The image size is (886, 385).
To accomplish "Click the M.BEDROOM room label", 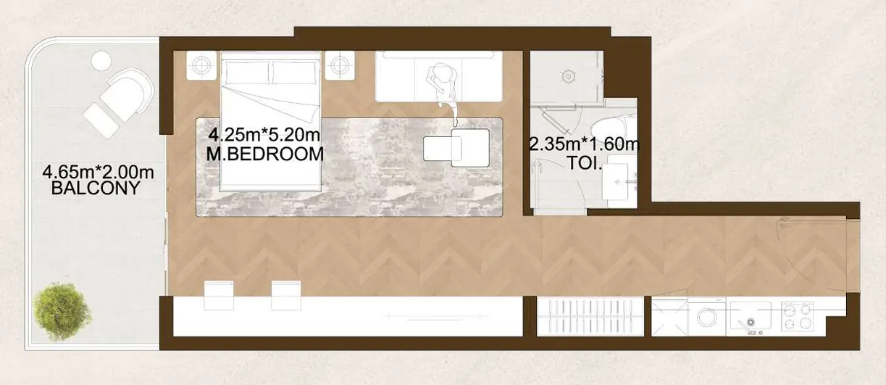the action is point(265,154).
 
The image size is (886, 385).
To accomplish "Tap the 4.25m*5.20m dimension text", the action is point(264,136).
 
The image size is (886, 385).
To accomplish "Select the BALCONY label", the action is point(96,189).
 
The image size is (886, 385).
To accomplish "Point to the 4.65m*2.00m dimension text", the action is point(98,172).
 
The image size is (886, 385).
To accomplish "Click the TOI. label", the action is point(585,163).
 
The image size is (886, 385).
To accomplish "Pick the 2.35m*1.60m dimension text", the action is point(584,145).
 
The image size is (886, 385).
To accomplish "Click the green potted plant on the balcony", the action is point(62,311).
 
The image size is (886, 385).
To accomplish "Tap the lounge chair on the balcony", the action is point(119,102).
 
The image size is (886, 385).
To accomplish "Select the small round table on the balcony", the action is point(101,61).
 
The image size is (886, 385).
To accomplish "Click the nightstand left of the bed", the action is point(201,66).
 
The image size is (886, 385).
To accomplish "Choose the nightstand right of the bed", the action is point(340,66).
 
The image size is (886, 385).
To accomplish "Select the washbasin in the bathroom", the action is point(617,181).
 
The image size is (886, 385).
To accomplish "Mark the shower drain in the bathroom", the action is point(568,76).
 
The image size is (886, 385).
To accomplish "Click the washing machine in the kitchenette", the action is point(708,318).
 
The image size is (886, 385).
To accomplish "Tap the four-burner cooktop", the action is point(798,317).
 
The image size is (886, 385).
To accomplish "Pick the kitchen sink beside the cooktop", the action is point(751,315).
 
